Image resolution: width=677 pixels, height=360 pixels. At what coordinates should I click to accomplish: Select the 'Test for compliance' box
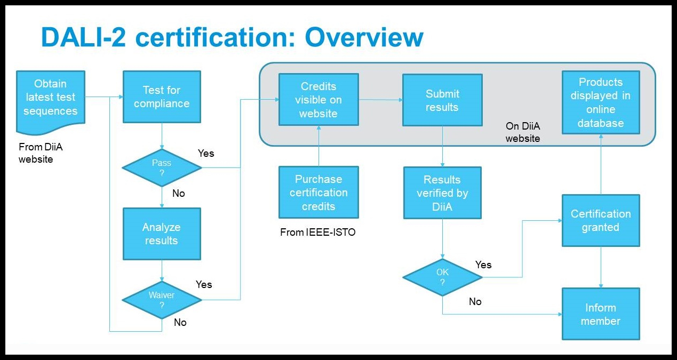point(162,97)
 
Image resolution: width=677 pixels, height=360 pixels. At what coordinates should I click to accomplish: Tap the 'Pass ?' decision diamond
point(162,167)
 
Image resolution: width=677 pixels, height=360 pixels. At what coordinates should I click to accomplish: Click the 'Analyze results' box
point(162,234)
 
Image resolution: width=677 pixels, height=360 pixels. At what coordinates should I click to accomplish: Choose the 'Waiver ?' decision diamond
point(162,300)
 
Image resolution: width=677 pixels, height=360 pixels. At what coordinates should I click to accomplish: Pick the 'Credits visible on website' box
point(318,99)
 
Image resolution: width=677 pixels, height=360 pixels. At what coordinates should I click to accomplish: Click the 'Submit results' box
point(442,100)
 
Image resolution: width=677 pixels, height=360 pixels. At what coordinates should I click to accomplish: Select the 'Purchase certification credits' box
point(318,192)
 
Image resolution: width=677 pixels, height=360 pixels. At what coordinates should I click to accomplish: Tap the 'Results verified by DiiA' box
point(442,193)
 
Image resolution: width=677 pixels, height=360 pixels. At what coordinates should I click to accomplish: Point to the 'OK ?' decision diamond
point(442,277)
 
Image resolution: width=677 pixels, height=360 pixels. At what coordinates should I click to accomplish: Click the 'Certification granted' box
point(601,220)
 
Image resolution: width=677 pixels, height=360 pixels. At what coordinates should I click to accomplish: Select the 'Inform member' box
point(601,314)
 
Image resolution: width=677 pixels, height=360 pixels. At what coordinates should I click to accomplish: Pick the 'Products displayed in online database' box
point(601,102)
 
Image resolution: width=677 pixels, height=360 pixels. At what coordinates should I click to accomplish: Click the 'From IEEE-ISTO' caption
point(317,232)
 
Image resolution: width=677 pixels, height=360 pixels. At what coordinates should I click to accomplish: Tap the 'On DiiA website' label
point(523,132)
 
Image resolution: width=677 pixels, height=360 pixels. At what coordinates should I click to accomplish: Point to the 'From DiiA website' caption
point(41,153)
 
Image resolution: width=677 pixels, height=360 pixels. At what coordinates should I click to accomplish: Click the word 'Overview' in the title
point(364,37)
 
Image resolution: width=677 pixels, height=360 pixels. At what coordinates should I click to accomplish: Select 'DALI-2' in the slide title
point(83,37)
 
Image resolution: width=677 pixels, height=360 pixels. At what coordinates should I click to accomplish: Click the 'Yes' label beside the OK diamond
point(483,265)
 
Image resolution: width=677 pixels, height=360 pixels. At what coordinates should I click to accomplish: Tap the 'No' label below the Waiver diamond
point(180,323)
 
